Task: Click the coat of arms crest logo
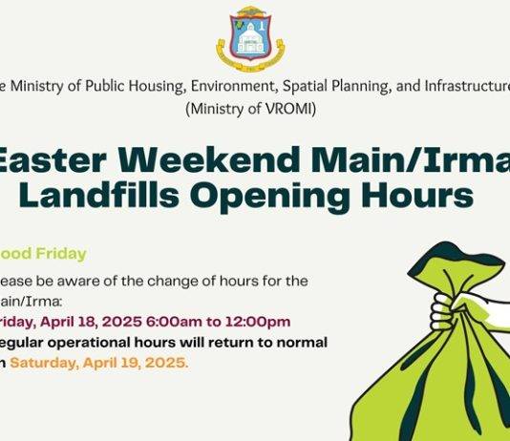pos(250,35)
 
